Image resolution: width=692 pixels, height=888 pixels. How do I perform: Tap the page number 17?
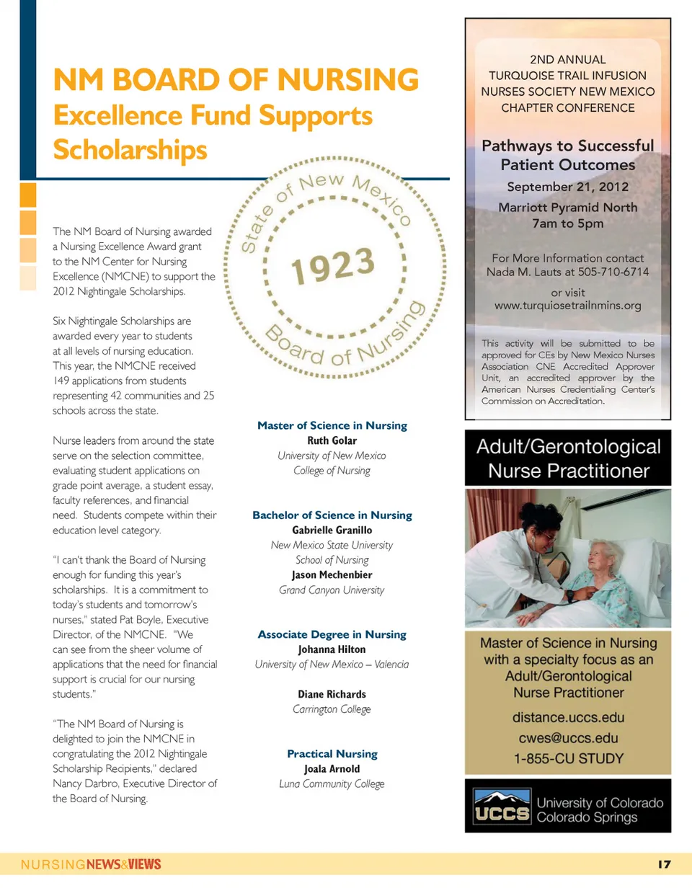664,864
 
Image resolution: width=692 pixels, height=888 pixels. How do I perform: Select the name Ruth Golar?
332,440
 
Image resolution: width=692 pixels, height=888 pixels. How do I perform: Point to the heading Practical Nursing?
332,754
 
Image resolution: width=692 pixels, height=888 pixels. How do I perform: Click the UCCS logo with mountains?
502,807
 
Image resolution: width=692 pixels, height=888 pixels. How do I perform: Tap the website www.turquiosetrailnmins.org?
567,306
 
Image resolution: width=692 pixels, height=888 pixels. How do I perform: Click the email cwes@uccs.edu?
568,738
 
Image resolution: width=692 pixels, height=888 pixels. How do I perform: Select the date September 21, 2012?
567,187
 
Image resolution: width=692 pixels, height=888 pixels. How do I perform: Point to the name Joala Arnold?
332,769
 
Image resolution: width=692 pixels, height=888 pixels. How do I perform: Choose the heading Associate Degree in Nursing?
332,635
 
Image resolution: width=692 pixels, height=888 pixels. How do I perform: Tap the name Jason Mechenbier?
332,575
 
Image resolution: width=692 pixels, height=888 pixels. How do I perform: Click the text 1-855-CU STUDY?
568,758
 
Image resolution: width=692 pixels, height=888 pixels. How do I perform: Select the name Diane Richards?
332,695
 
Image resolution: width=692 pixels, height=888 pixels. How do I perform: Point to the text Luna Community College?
332,784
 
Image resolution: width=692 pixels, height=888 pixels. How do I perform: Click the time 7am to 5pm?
567,223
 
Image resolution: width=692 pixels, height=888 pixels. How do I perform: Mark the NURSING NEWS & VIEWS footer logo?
91,864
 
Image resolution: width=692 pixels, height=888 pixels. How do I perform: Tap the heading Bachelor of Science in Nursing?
332,515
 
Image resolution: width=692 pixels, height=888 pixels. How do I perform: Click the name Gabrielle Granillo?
332,530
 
